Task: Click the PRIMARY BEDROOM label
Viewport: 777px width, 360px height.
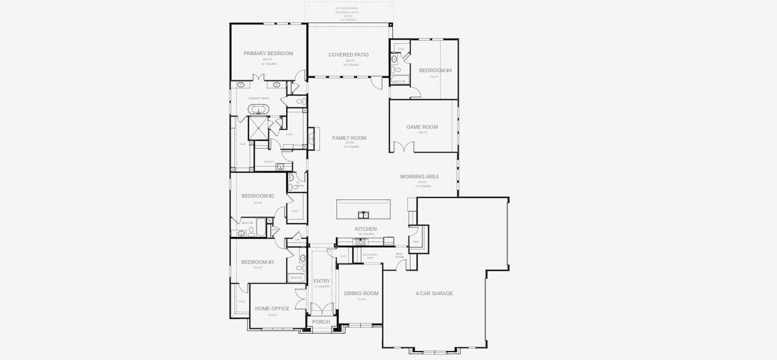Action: [x=268, y=53]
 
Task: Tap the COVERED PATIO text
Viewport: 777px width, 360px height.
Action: [x=348, y=55]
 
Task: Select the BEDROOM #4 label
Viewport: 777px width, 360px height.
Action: [x=435, y=70]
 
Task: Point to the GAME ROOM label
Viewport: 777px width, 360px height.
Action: [x=422, y=127]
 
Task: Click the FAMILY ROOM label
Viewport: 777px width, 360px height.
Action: [x=349, y=138]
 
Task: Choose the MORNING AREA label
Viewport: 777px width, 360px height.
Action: [x=419, y=176]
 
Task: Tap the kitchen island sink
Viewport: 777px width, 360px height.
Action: [x=364, y=214]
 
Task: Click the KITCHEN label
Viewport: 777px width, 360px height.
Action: [x=365, y=229]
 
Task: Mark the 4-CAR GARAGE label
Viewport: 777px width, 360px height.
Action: [x=434, y=293]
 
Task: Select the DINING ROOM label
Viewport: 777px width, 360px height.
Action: [x=361, y=293]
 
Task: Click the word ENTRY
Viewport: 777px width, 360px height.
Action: [x=322, y=281]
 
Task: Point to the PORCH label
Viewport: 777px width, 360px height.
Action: [x=321, y=322]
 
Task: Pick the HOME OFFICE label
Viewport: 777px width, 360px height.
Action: [x=272, y=308]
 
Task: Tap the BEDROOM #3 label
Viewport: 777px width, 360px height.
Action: [x=257, y=262]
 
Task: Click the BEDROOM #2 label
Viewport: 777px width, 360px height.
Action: [x=258, y=196]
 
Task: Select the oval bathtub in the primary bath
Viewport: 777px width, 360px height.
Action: [x=260, y=109]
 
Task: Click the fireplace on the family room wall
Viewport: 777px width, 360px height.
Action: [x=311, y=137]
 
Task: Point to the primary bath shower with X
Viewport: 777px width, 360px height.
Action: [x=259, y=128]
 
